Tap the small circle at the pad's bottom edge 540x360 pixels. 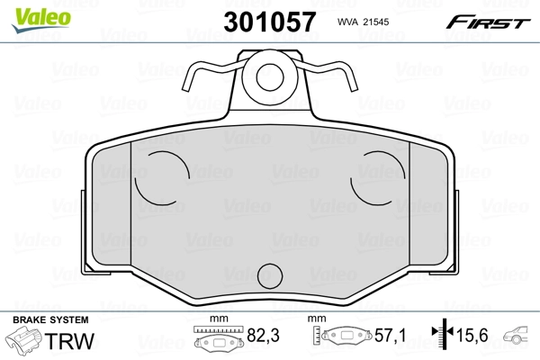tap(269, 274)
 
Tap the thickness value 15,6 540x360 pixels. tap(472, 337)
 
